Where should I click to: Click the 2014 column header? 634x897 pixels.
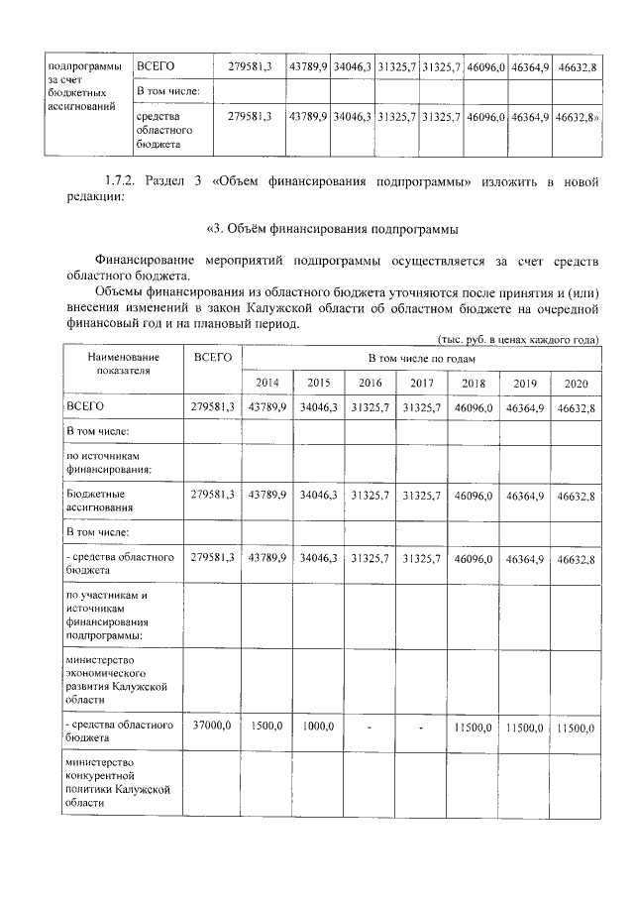[x=266, y=383]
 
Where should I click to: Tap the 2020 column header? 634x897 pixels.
[x=576, y=383]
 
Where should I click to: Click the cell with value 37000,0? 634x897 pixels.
[x=212, y=727]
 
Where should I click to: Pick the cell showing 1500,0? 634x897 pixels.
[x=266, y=727]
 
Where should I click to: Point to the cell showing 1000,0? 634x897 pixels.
[x=318, y=727]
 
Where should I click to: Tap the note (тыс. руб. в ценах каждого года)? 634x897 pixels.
[x=517, y=339]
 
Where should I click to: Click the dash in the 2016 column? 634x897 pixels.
[x=370, y=727]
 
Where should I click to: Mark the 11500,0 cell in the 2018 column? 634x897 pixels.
[x=473, y=727]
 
